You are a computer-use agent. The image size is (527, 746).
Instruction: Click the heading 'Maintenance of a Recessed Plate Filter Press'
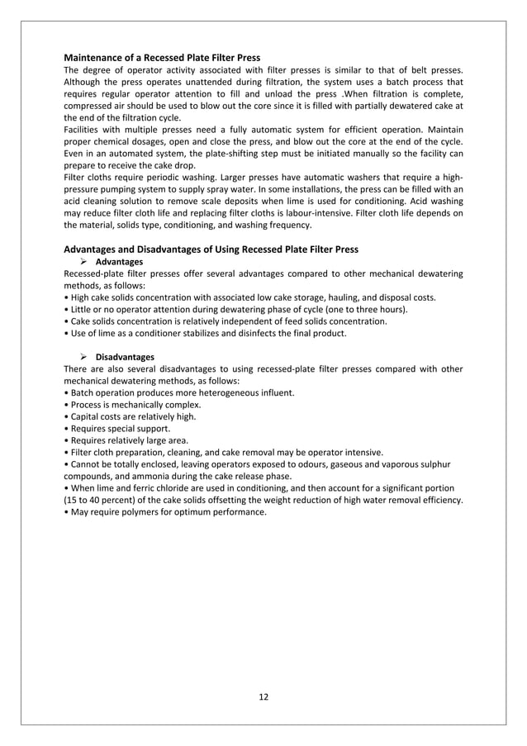(162, 58)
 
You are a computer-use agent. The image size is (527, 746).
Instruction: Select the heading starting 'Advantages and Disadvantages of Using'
(211, 249)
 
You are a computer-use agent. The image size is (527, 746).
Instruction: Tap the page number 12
(263, 696)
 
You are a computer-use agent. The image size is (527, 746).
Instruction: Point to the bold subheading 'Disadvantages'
(125, 357)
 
